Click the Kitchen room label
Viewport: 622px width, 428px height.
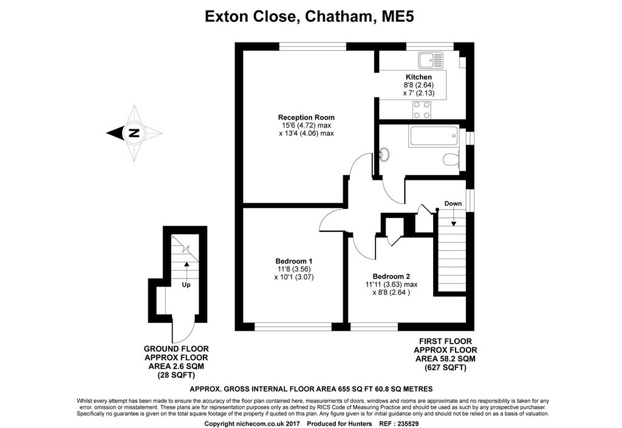pyautogui.click(x=419, y=77)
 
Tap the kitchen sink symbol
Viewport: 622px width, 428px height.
pyautogui.click(x=431, y=59)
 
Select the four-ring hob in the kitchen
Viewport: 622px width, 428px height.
pyautogui.click(x=422, y=110)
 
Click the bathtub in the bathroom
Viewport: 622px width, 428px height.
pyautogui.click(x=433, y=135)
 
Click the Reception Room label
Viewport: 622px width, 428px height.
pyautogui.click(x=306, y=117)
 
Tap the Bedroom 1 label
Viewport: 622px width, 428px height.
pyautogui.click(x=289, y=261)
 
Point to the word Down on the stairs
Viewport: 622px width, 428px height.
pyautogui.click(x=453, y=203)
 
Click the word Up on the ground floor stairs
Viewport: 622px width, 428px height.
pyautogui.click(x=186, y=284)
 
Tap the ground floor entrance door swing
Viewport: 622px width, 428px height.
pyautogui.click(x=182, y=331)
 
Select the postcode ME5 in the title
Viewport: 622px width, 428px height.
pyautogui.click(x=398, y=16)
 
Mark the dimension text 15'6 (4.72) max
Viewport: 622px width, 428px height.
pyautogui.click(x=306, y=125)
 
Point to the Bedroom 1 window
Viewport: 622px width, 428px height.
pyautogui.click(x=293, y=326)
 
